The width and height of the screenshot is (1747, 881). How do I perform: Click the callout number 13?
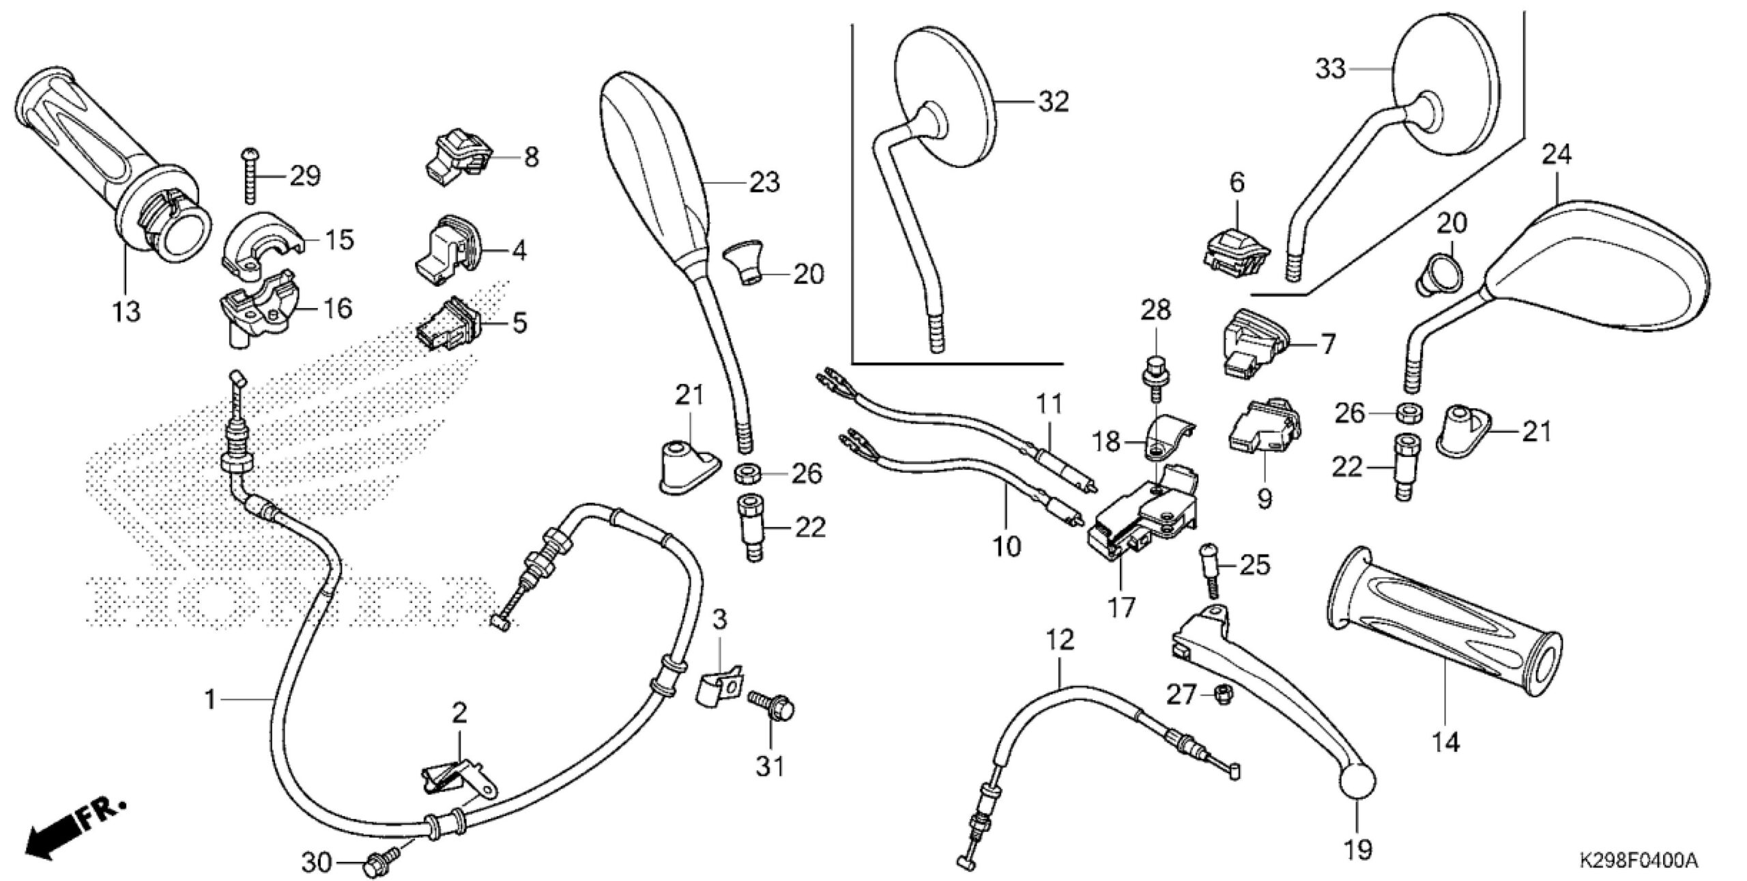tap(127, 311)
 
